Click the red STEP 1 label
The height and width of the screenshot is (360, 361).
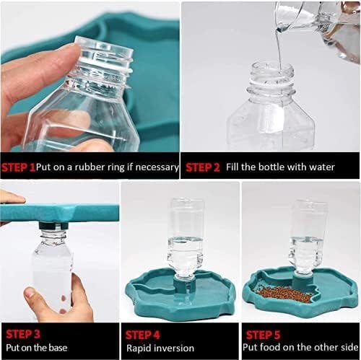pos(19,167)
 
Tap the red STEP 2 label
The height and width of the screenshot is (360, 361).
pos(203,167)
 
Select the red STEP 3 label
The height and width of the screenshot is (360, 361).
pos(23,335)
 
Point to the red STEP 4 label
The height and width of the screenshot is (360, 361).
pos(142,335)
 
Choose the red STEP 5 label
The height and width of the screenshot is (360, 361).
pos(263,335)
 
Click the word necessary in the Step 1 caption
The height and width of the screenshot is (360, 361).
pos(157,167)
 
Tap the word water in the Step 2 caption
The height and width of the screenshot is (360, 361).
pos(322,167)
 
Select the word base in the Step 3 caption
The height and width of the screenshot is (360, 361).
pos(58,348)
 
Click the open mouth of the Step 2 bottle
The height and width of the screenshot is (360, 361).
pos(272,66)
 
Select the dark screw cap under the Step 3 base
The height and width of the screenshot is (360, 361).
pos(53,226)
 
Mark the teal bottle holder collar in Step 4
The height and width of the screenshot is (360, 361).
pos(184,281)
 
